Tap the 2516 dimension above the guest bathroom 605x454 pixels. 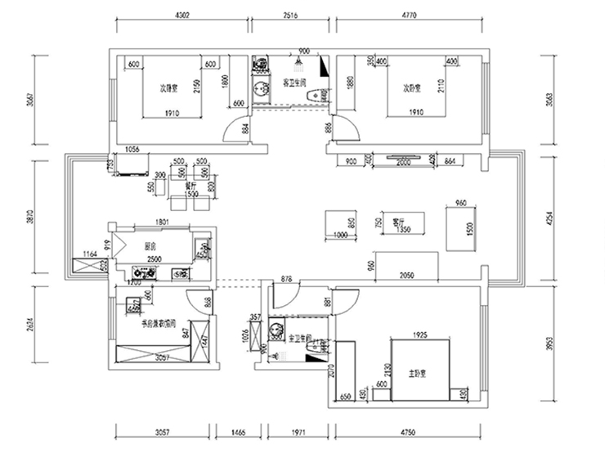point(293,15)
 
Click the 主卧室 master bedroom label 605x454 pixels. point(419,373)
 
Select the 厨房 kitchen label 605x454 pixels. point(150,245)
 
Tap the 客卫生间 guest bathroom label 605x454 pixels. point(294,83)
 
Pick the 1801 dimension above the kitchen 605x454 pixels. point(160,222)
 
